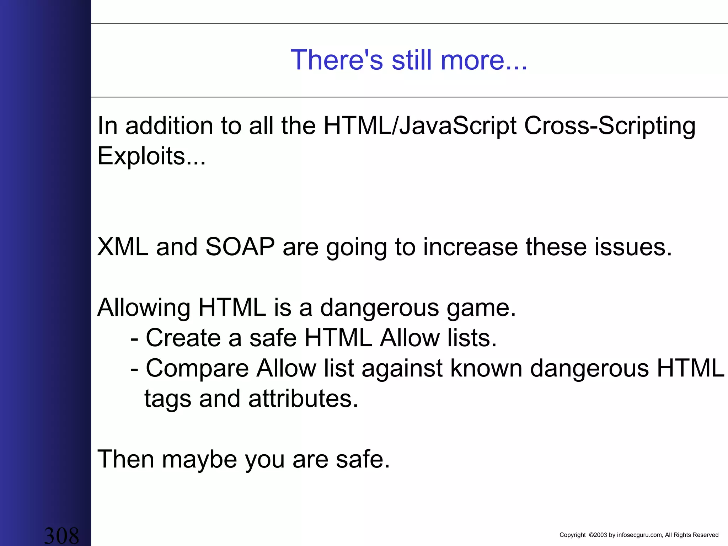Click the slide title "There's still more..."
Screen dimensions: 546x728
click(409, 60)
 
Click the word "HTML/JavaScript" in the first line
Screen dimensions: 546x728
click(420, 126)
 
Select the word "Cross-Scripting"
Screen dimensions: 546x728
click(609, 126)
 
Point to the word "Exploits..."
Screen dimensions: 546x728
click(151, 156)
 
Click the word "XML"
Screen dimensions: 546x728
click(123, 247)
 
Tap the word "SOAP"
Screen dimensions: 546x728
click(240, 247)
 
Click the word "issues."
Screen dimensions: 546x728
click(633, 247)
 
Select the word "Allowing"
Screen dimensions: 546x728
click(144, 308)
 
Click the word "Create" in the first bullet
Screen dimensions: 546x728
click(183, 338)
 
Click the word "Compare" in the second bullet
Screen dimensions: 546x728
click(197, 369)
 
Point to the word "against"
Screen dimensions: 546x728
click(402, 369)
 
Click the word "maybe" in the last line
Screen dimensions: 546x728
click(199, 459)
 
